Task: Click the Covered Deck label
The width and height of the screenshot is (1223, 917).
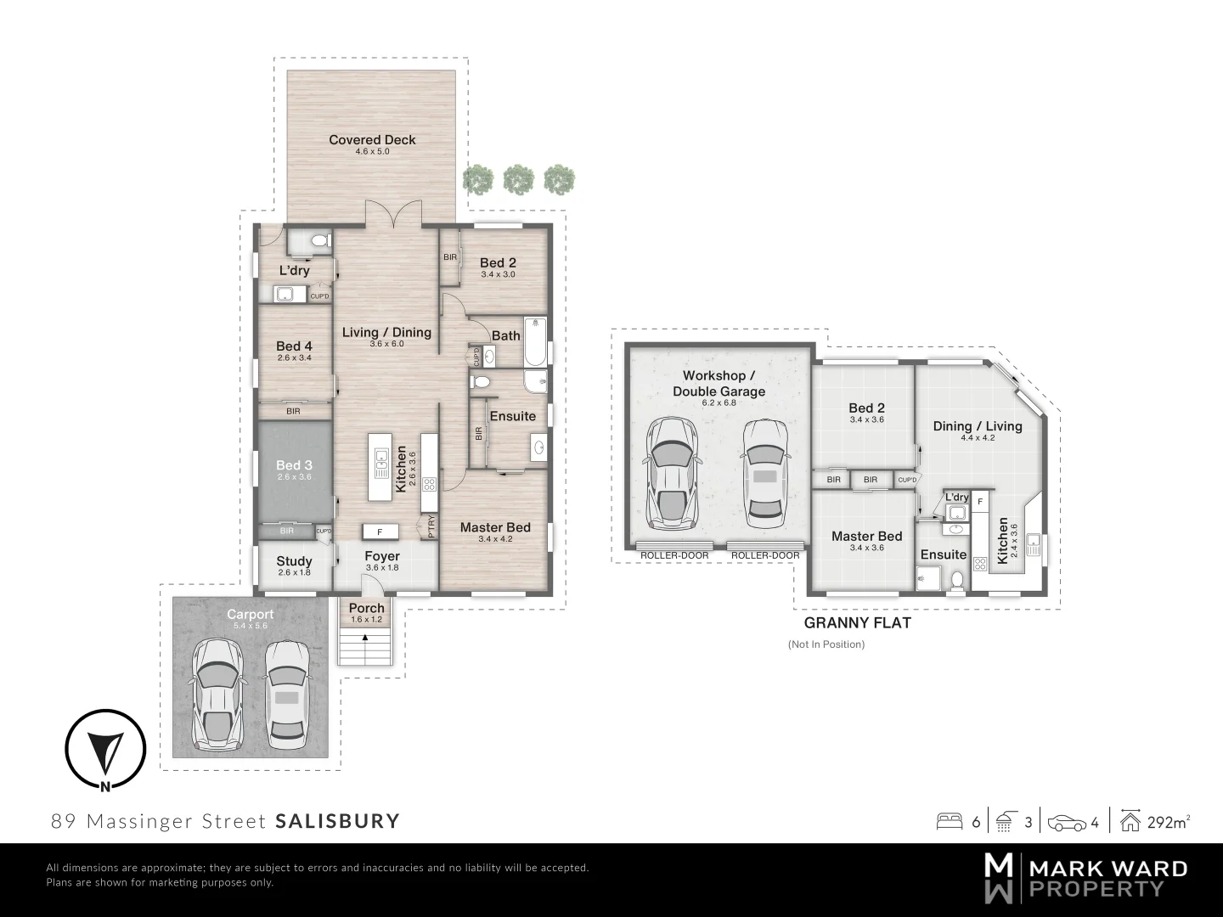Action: pos(372,140)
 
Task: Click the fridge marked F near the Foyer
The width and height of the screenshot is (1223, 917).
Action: pos(380,532)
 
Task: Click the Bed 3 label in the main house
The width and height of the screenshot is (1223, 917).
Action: pos(294,465)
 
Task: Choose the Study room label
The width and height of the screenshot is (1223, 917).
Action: pos(294,561)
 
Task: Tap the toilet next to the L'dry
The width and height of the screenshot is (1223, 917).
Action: pos(319,242)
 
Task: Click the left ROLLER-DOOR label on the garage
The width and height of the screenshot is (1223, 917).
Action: pos(674,555)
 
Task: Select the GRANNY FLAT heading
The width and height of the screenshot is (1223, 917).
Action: pos(857,622)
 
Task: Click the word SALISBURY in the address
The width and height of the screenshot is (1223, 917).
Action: pos(337,821)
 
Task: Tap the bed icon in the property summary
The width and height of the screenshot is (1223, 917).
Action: pos(949,822)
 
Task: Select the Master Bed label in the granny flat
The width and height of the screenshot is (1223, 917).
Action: pos(866,536)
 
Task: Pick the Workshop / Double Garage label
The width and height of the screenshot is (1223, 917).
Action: pos(719,383)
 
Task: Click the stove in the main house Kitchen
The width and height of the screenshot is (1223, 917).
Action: pos(430,485)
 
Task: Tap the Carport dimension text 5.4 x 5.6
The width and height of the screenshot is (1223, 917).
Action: pos(250,626)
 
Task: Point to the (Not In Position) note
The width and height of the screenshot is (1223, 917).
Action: pos(826,644)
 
